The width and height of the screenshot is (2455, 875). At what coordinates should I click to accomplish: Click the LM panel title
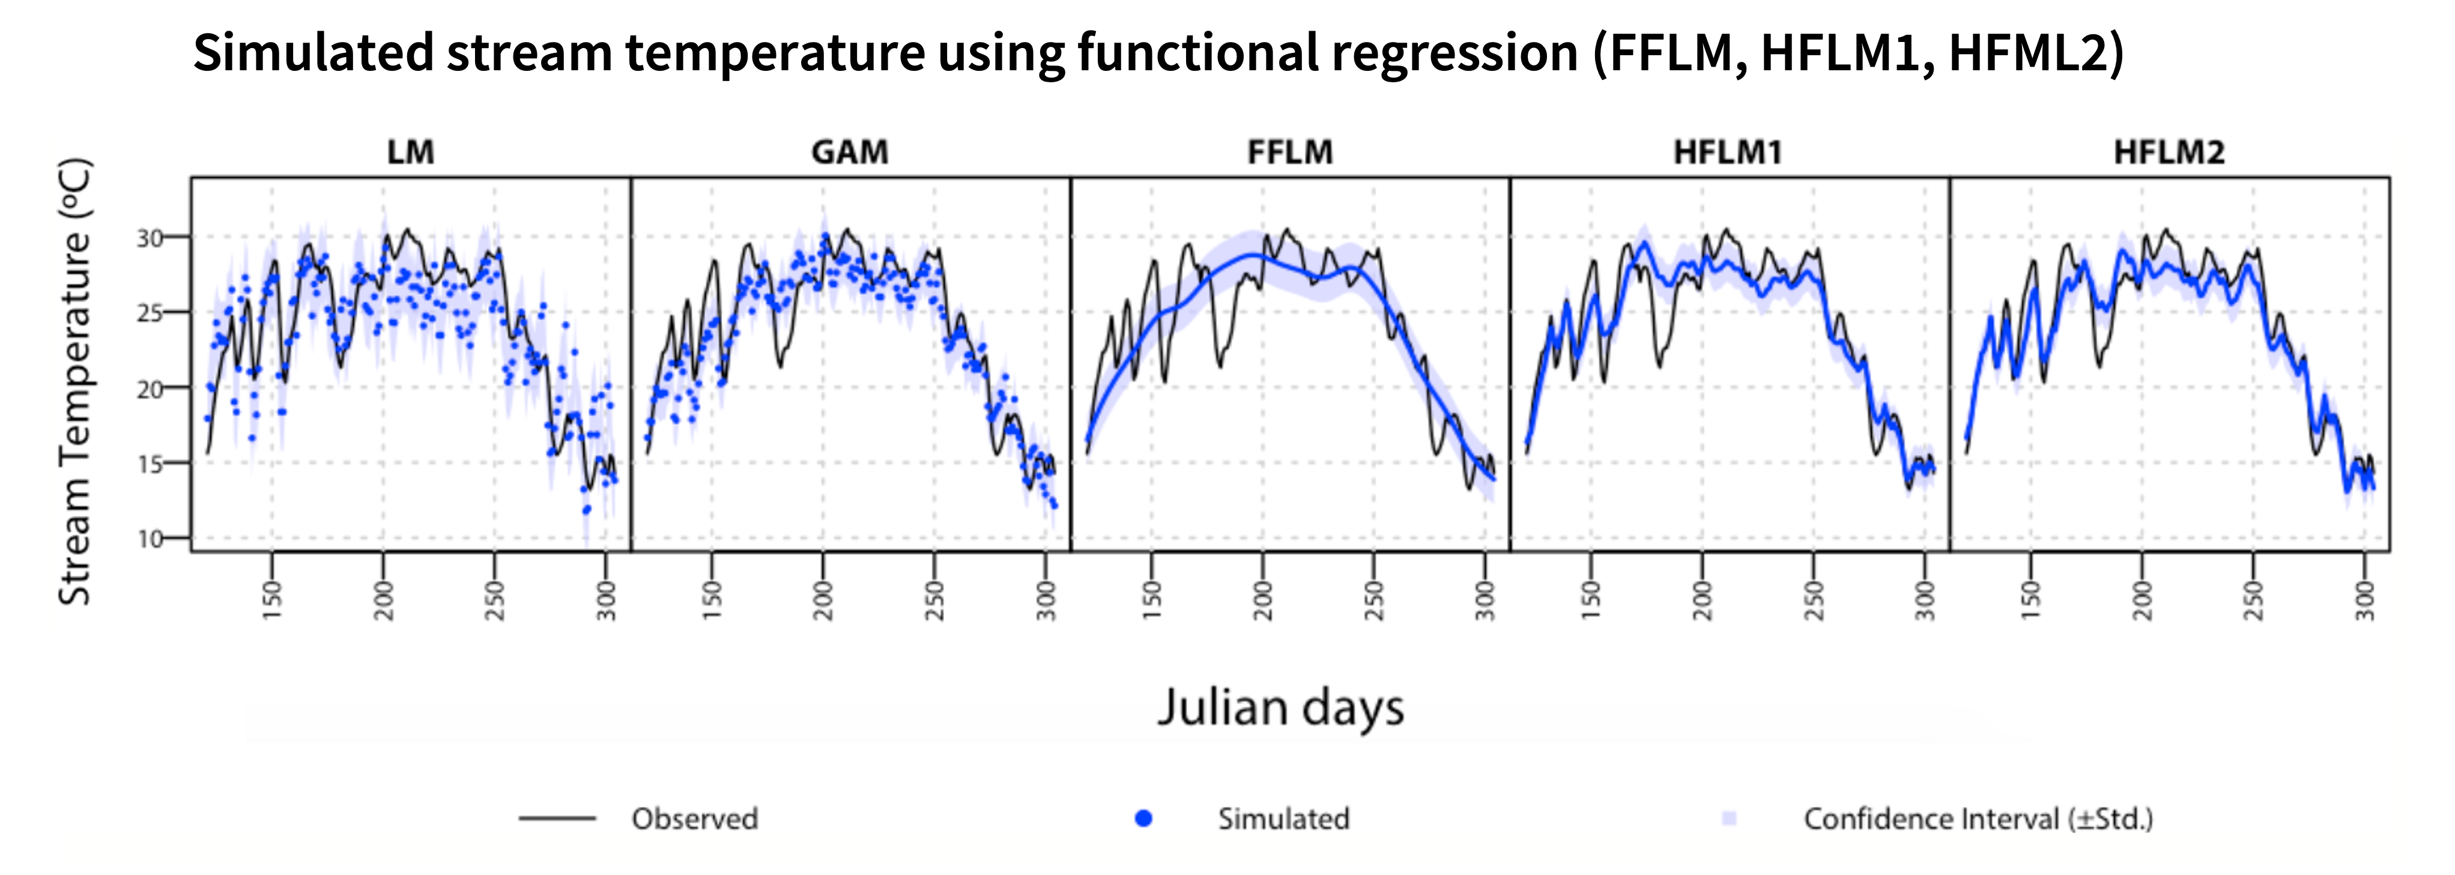[x=411, y=153]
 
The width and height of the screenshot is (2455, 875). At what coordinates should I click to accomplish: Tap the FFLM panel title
[x=1291, y=153]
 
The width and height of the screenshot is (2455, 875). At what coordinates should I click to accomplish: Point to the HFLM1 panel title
[x=1728, y=153]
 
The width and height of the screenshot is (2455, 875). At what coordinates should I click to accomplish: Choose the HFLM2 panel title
[x=2169, y=153]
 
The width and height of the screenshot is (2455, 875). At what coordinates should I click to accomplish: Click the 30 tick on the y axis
[x=150, y=237]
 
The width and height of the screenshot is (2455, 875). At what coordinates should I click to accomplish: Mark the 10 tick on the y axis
[x=150, y=539]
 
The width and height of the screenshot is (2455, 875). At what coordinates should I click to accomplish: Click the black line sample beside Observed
[x=557, y=818]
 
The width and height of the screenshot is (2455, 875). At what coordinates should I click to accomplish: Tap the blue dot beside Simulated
[x=1143, y=818]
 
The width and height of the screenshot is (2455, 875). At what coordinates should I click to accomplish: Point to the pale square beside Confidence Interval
[x=1730, y=818]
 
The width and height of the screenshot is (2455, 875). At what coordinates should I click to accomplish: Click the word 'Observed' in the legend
[x=695, y=819]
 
